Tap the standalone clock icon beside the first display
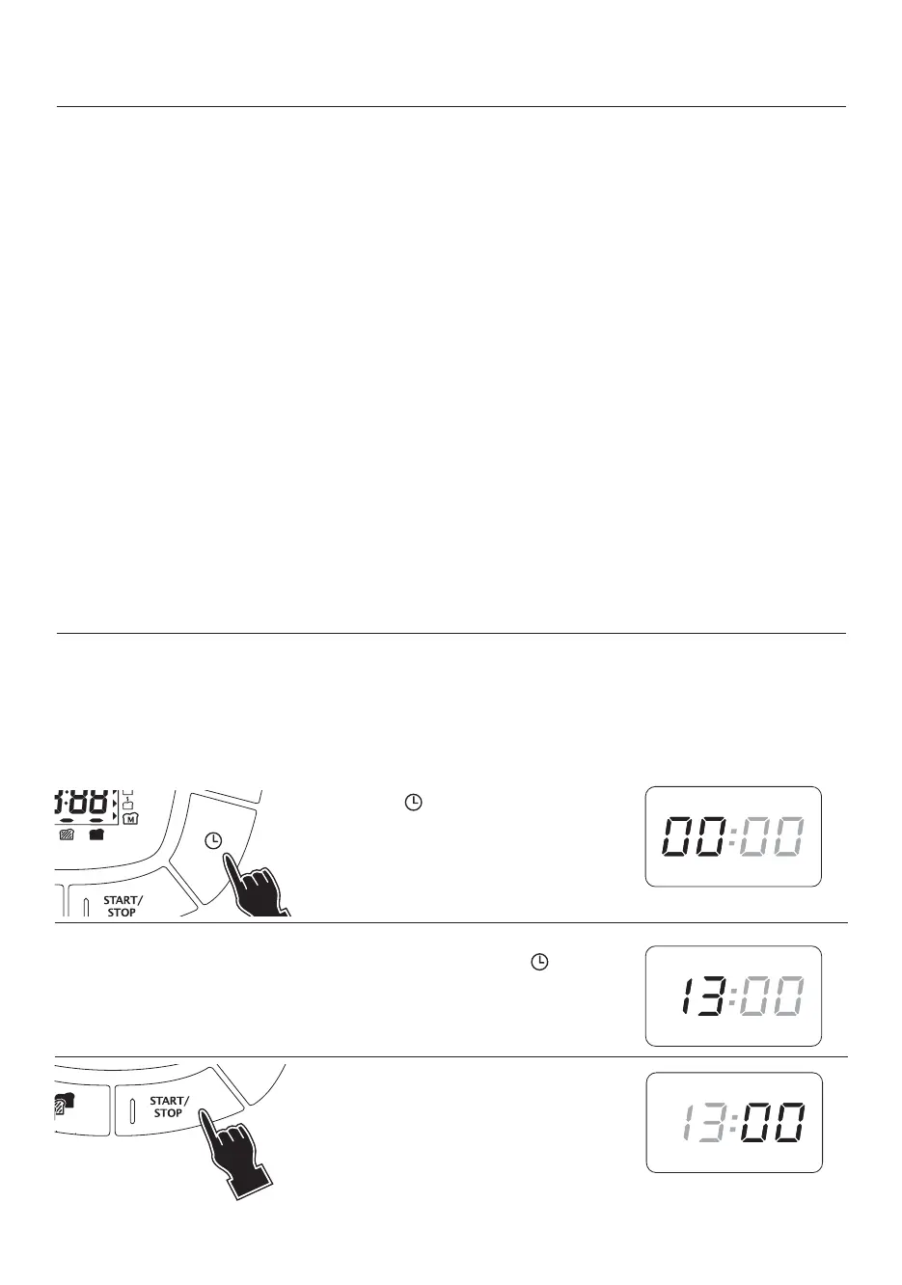point(413,803)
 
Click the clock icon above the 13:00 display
point(541,963)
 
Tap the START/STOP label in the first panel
point(123,906)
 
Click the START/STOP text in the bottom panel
point(169,1107)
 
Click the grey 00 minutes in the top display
point(773,835)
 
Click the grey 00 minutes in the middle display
point(773,997)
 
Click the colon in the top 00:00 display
point(733,835)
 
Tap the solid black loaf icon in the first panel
point(96,835)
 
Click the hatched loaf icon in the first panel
point(67,835)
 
